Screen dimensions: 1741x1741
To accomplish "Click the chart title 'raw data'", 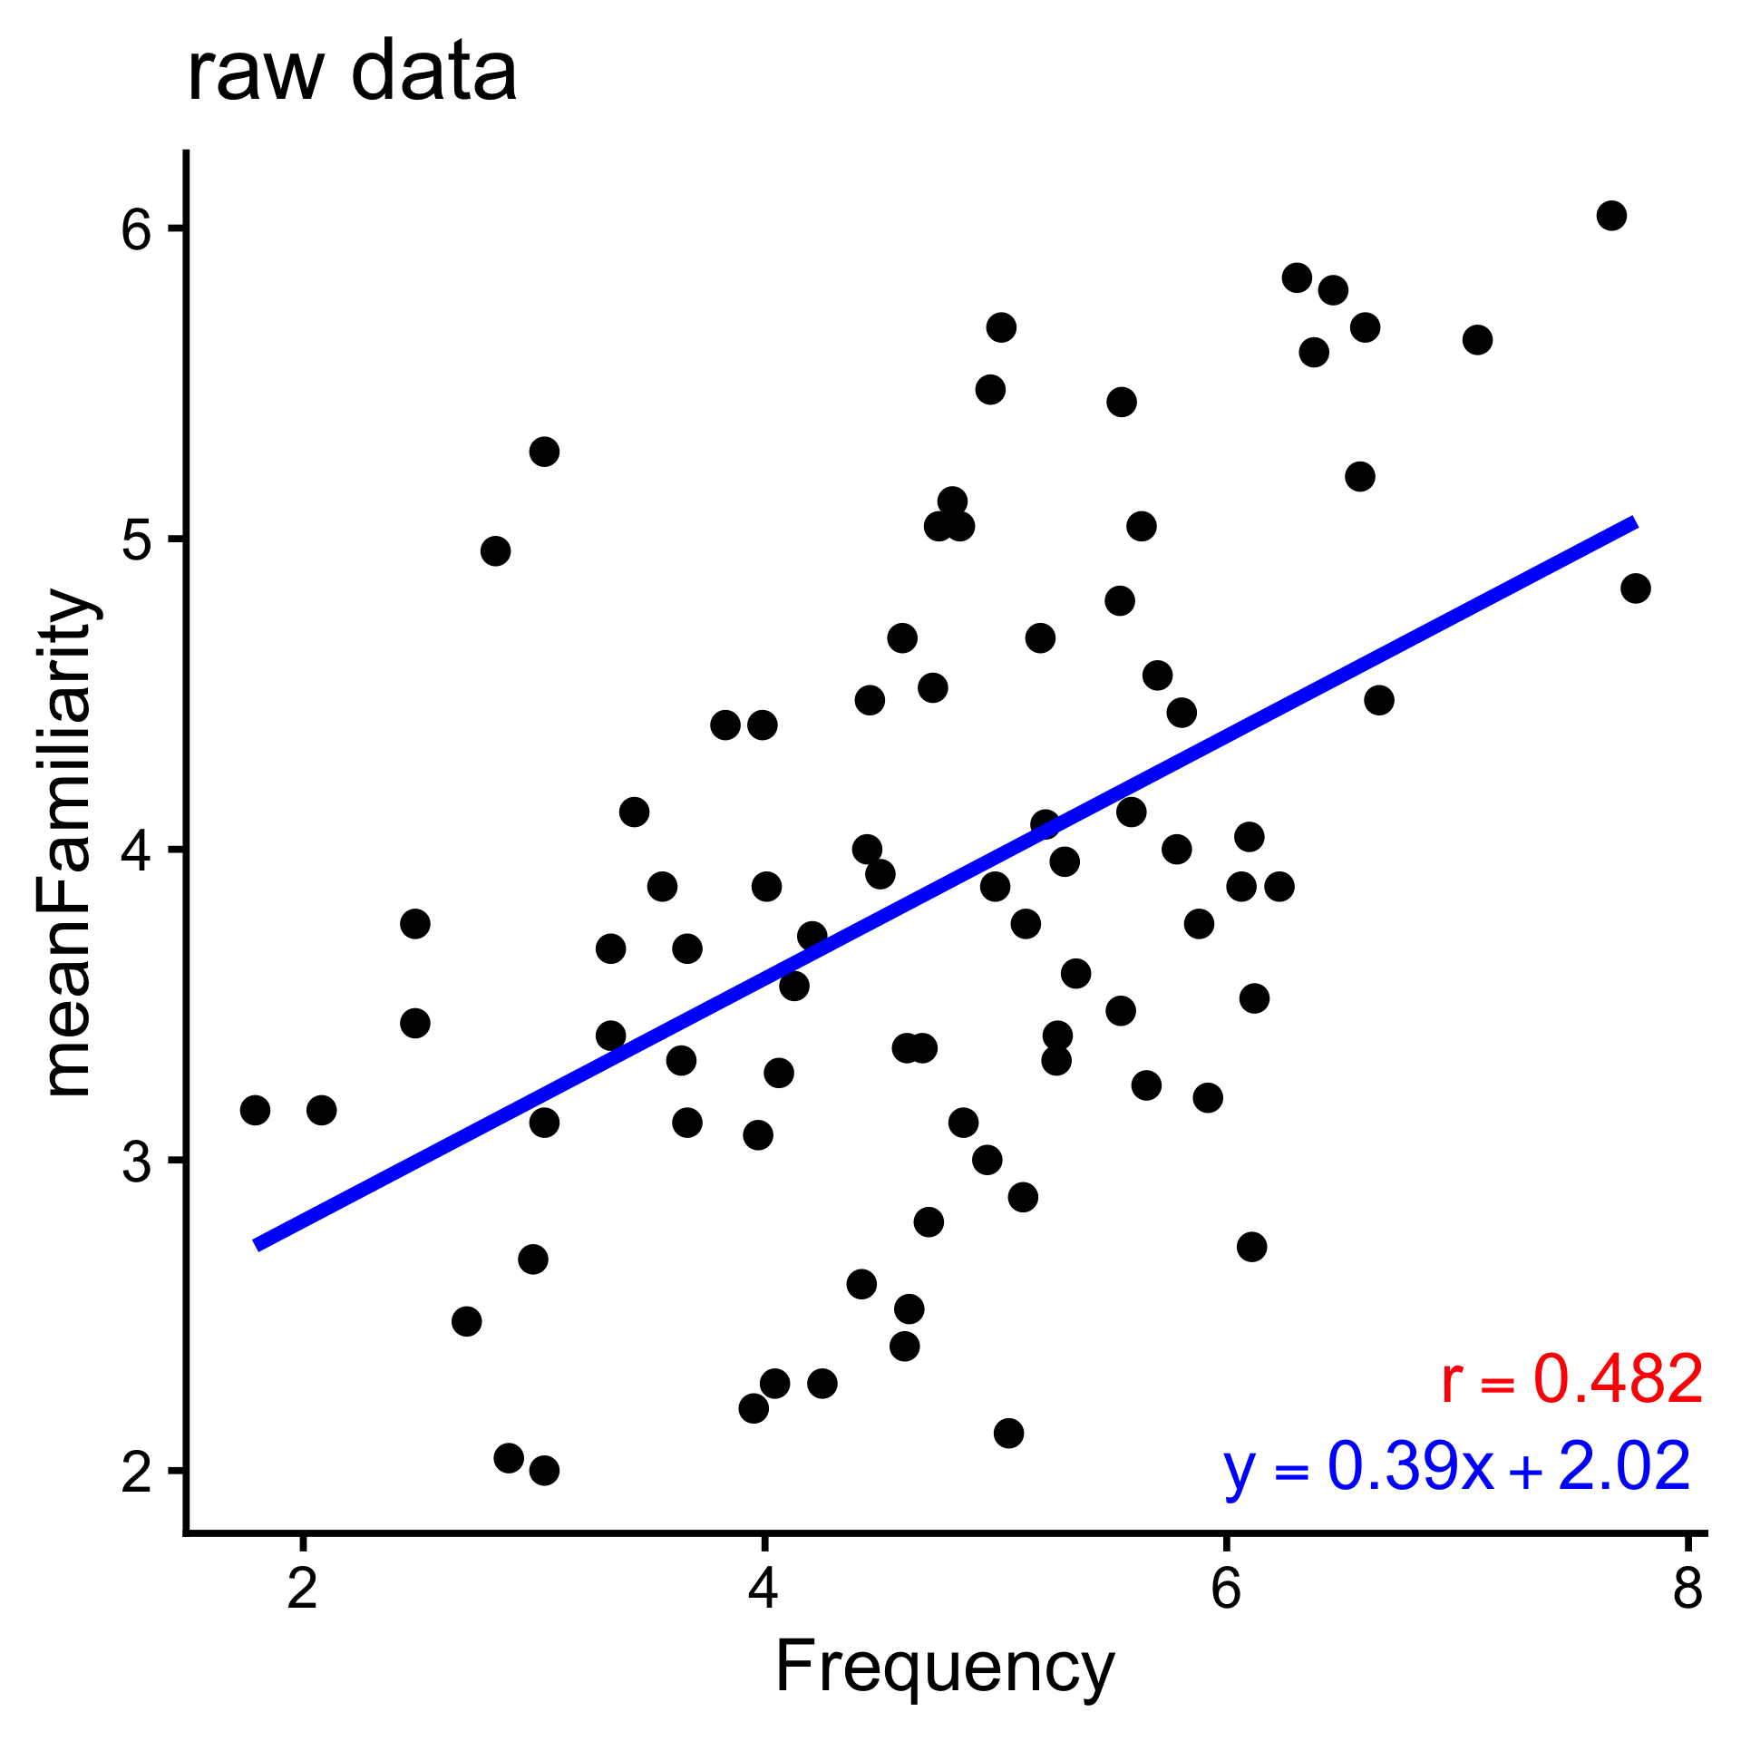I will click(352, 73).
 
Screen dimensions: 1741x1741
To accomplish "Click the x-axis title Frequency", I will click(945, 1667).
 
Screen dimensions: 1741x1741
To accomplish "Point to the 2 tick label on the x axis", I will click(303, 1590).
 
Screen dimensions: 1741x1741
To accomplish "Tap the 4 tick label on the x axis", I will click(764, 1590).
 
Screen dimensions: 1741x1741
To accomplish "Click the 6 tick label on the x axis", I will click(1226, 1590).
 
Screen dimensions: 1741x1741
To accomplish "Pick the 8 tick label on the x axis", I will click(1687, 1590).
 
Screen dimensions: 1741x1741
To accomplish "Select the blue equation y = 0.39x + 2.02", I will click(1456, 1466).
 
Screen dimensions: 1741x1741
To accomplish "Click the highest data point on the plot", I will click(1611, 216).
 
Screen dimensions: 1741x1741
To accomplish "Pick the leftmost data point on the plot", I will click(255, 1110).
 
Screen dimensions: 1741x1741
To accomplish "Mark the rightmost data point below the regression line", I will click(1635, 588).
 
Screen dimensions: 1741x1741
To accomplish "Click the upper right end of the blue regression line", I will click(1634, 523).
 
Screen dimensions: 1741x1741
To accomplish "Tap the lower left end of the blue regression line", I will click(257, 1245).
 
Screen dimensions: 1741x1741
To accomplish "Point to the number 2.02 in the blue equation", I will click(1624, 1466).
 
